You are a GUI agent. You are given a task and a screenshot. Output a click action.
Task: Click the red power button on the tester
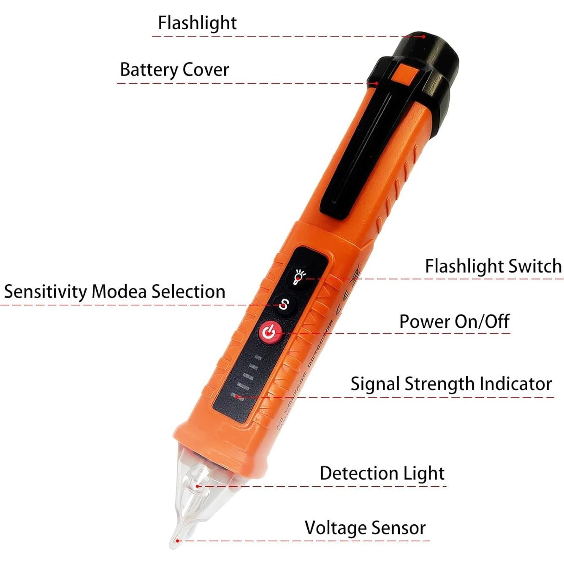[x=269, y=333]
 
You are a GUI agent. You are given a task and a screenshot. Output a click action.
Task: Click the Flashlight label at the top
[x=197, y=23]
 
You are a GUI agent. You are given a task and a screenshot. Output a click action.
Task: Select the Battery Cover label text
[x=174, y=70]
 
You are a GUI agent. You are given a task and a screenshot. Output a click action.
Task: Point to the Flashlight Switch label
[x=493, y=266]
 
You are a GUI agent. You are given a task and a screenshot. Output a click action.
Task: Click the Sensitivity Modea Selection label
[x=114, y=292]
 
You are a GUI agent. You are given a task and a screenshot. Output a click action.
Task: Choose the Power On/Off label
[x=454, y=322]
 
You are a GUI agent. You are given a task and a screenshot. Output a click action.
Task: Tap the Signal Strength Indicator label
[x=451, y=384]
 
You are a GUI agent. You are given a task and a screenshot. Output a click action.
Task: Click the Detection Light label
[x=382, y=473]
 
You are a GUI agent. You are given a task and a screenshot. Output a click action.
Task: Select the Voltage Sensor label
[x=365, y=528]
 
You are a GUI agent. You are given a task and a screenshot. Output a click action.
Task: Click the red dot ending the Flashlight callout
[x=424, y=37]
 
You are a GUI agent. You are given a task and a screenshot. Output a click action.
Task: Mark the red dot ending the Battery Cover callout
[x=377, y=84]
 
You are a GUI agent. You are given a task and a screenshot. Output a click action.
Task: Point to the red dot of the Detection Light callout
[x=198, y=486]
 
